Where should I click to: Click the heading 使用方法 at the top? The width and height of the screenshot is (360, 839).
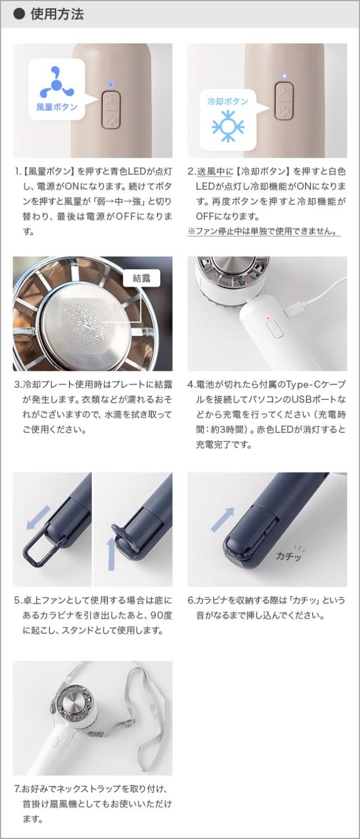coord(57,14)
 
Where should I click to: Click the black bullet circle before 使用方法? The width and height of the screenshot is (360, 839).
coord(19,14)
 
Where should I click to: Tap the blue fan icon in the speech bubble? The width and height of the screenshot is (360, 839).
coord(56,83)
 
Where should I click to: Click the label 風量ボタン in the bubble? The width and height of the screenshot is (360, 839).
coord(57,106)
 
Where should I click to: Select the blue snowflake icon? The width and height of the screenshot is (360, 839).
coord(227,127)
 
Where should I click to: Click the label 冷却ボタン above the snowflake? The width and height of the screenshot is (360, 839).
coord(227,101)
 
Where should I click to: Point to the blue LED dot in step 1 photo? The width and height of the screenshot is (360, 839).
coord(111,85)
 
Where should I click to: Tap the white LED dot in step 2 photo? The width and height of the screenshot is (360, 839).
coord(284,74)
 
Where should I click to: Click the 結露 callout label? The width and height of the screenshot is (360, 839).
coord(141,278)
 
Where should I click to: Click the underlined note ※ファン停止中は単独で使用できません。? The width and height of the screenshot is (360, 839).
coord(263,231)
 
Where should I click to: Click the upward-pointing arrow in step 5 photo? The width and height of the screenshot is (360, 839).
coord(111,553)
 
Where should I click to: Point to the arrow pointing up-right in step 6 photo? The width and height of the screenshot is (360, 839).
coord(222,518)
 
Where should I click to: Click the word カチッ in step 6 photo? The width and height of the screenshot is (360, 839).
coord(289,555)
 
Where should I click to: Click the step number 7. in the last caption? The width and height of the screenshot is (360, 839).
coord(17,788)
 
